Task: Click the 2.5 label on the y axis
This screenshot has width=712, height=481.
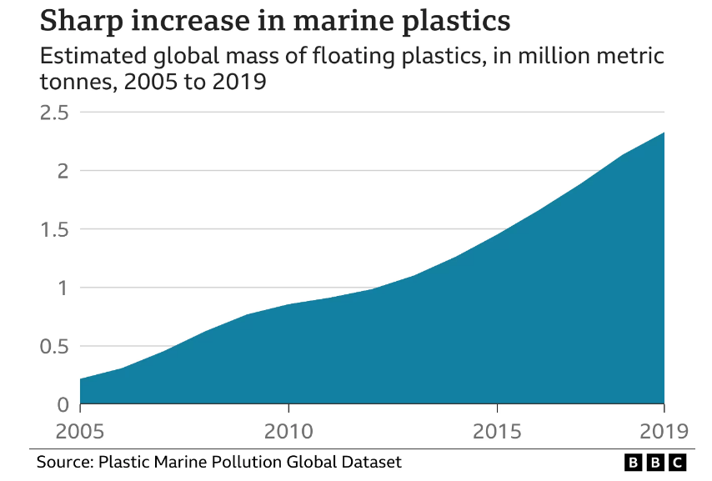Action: tap(54, 113)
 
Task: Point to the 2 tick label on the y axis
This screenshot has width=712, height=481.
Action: tap(63, 171)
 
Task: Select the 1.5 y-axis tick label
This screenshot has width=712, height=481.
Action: tap(54, 229)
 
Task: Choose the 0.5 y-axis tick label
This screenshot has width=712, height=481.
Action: tap(54, 346)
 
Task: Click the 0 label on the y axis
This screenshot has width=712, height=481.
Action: tap(63, 404)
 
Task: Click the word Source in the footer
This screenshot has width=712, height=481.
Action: tap(64, 461)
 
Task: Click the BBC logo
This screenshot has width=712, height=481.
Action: tap(654, 462)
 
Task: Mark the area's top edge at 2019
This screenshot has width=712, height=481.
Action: tap(664, 133)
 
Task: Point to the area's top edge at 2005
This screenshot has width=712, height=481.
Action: tap(81, 379)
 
